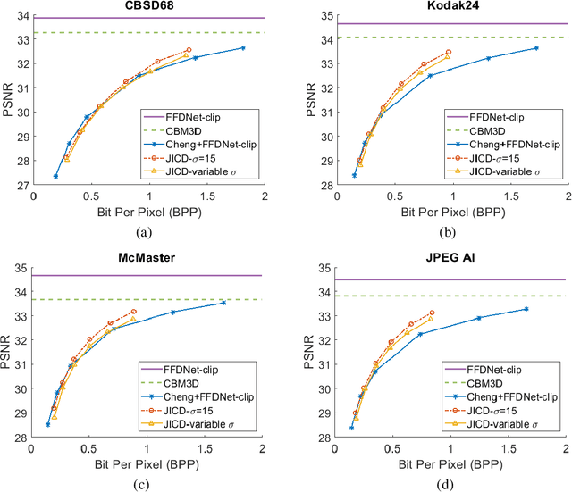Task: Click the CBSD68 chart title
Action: (x=148, y=8)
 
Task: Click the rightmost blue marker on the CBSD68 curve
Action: (x=243, y=47)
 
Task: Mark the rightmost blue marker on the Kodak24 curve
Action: (x=536, y=47)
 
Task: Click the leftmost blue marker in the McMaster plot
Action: (x=48, y=424)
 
